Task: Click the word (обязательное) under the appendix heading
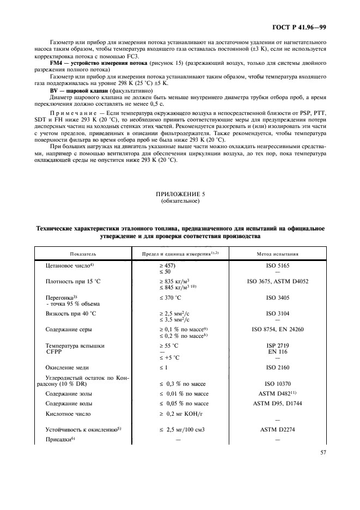(180, 202)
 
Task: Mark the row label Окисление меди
(68, 368)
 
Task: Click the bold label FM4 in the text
(56, 63)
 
